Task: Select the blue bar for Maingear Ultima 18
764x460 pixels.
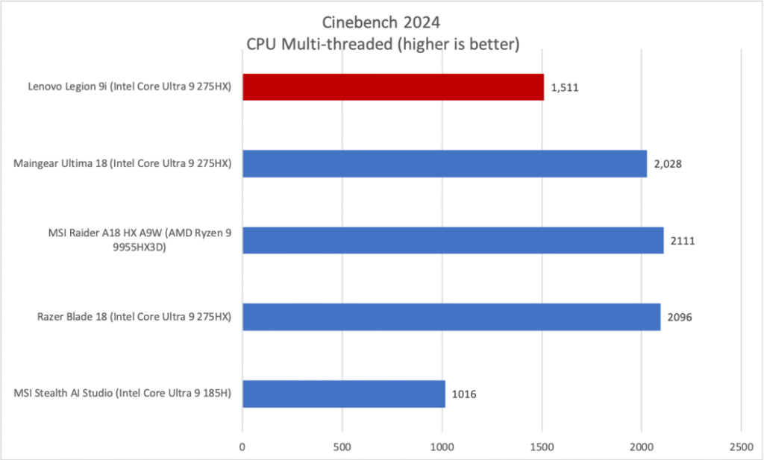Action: [445, 164]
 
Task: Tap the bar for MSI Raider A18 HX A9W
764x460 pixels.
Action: [453, 240]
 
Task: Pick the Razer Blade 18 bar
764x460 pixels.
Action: [451, 317]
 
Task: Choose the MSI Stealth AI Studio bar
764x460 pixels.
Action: [343, 394]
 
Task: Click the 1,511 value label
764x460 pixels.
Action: [565, 87]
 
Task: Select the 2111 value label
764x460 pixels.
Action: [683, 240]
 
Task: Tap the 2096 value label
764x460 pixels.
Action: [680, 317]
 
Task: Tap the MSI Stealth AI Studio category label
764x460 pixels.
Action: [122, 394]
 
